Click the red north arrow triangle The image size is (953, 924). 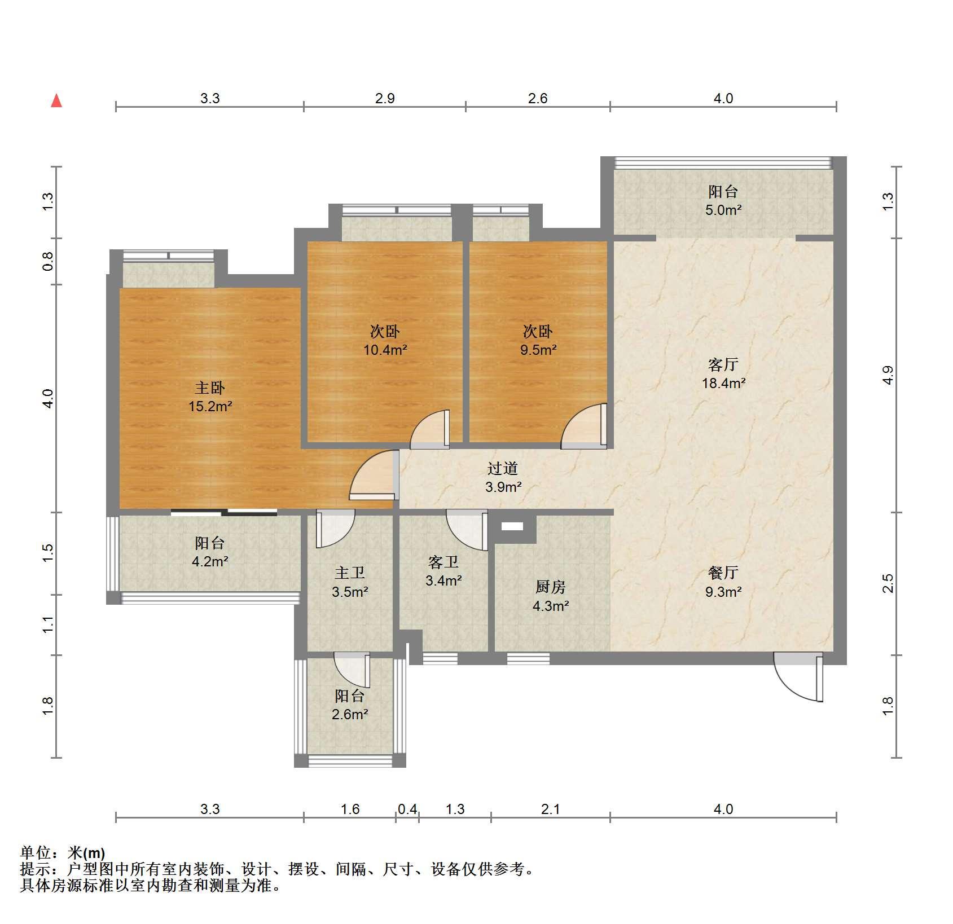[x=56, y=101]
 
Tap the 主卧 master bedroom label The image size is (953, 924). [x=210, y=388]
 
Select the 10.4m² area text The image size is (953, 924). [x=385, y=350]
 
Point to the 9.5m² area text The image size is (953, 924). [x=538, y=350]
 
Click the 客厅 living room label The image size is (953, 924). [x=723, y=364]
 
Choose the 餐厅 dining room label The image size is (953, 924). [x=723, y=573]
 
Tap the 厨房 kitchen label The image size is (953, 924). [x=550, y=587]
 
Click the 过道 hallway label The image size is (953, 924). [x=503, y=468]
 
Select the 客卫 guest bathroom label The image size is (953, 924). [x=443, y=562]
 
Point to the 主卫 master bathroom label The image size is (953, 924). [x=350, y=573]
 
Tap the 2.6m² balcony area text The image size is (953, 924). [x=350, y=714]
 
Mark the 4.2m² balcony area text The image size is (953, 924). [x=210, y=561]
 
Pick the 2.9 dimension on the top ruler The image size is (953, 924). [x=385, y=99]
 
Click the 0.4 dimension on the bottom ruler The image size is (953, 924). [x=407, y=809]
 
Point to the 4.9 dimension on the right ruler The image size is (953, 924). [x=888, y=375]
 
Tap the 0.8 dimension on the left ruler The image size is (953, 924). [x=48, y=261]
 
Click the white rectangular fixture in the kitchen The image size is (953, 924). [x=512, y=526]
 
